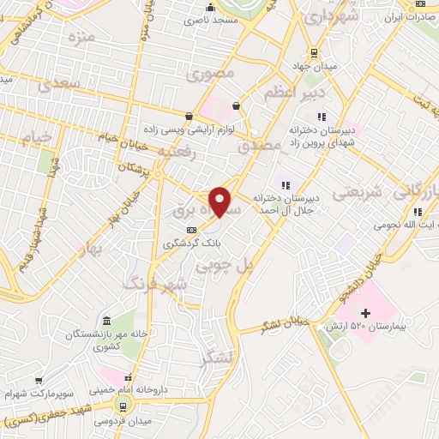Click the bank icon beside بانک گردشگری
(191, 229)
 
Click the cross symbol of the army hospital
(366, 314)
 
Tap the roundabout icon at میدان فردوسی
(125, 404)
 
